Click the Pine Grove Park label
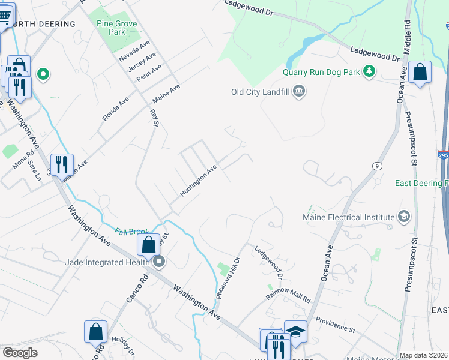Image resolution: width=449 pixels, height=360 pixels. pyautogui.click(x=117, y=28)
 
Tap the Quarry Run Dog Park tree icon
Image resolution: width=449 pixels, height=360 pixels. pyautogui.click(x=370, y=72)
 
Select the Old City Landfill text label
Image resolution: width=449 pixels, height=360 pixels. pyautogui.click(x=261, y=92)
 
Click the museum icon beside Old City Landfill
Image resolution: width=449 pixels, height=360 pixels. pyautogui.click(x=300, y=92)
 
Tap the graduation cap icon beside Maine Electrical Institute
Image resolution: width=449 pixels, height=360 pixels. pyautogui.click(x=403, y=217)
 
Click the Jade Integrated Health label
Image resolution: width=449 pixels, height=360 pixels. pyautogui.click(x=108, y=262)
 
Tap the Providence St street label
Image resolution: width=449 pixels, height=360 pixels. pyautogui.click(x=335, y=324)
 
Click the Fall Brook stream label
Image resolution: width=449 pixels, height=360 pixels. pyautogui.click(x=131, y=232)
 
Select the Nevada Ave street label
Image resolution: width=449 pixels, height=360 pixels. pyautogui.click(x=134, y=52)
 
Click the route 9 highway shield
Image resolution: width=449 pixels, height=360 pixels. pyautogui.click(x=377, y=166)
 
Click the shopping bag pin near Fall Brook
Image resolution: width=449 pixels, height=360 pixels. pyautogui.click(x=148, y=245)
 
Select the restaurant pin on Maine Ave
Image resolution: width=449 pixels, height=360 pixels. pyautogui.click(x=62, y=164)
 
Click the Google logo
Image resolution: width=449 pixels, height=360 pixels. pyautogui.click(x=20, y=353)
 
